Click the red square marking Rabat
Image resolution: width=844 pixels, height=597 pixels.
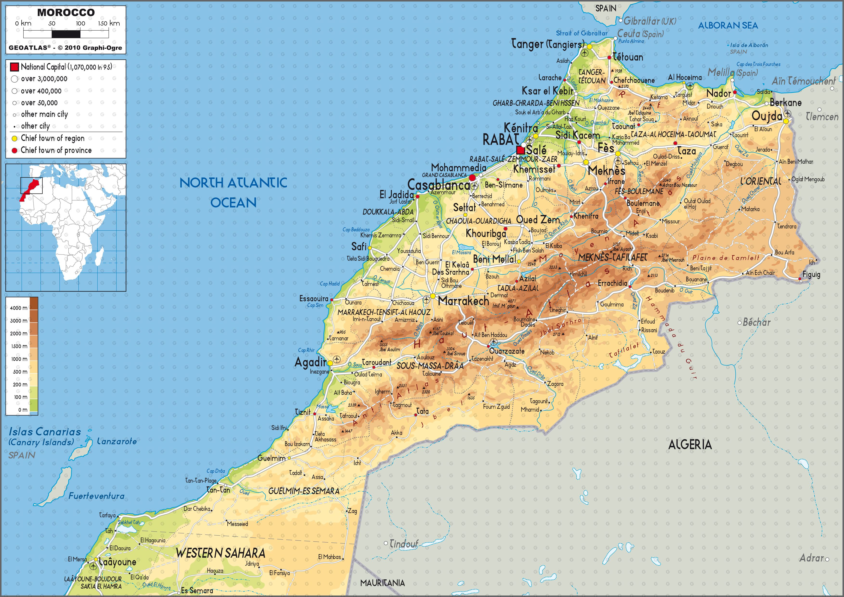[520, 150]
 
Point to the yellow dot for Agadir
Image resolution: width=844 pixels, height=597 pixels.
[330, 363]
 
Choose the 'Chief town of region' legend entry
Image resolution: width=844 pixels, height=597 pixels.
[52, 138]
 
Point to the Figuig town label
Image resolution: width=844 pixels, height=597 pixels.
[811, 275]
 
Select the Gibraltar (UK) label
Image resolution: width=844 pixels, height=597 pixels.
[650, 21]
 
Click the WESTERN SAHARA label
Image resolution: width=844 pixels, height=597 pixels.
[220, 553]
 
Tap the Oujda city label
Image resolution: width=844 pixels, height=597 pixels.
[767, 116]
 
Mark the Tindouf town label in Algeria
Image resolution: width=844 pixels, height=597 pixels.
[404, 543]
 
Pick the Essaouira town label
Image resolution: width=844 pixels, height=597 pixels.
[314, 298]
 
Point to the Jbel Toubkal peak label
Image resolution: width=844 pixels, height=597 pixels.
[443, 333]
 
